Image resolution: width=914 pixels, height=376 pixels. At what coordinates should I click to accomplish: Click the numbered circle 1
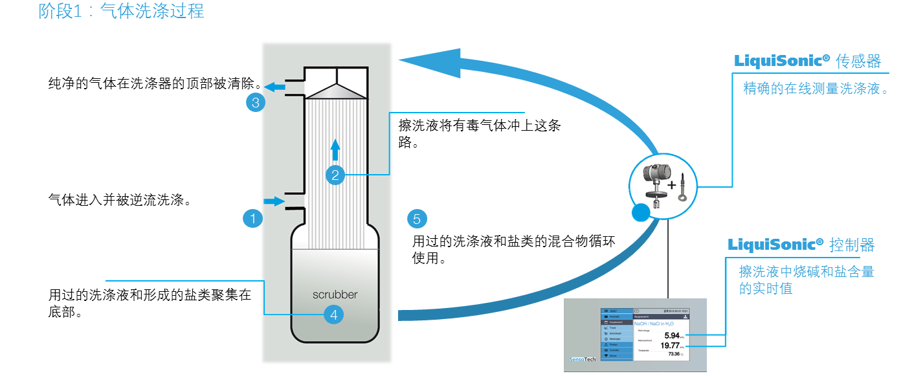click(x=253, y=219)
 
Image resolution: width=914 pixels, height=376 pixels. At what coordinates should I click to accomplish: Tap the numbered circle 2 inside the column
click(x=335, y=174)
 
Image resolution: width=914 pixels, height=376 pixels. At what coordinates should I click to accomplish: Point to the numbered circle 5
click(x=417, y=219)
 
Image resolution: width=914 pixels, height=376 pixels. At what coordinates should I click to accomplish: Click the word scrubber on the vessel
click(x=335, y=294)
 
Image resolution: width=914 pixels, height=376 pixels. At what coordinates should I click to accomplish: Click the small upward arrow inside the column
click(x=335, y=149)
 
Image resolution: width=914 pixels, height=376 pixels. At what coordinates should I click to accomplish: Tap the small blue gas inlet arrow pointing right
click(x=274, y=201)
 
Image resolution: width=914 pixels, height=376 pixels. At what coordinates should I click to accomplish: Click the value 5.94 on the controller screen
click(x=672, y=335)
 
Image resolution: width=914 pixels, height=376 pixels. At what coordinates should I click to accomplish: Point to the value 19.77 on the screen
click(x=669, y=346)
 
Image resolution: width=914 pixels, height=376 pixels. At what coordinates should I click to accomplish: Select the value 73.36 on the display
click(x=674, y=354)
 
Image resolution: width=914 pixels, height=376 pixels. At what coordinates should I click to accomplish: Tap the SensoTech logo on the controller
click(x=582, y=359)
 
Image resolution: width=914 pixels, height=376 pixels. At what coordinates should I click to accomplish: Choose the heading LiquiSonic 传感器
click(x=807, y=61)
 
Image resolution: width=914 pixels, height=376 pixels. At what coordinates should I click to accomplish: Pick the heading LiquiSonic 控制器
click(x=801, y=245)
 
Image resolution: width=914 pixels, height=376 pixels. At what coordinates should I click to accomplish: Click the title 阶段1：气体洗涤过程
click(x=122, y=12)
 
